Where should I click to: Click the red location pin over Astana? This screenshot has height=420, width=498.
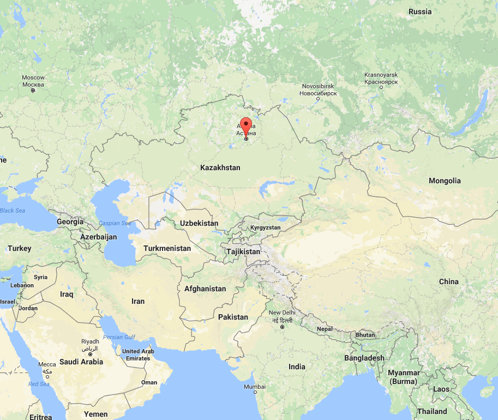pos(246,125)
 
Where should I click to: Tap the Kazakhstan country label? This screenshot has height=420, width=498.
pos(220,167)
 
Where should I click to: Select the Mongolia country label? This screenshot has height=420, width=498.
pos(445,181)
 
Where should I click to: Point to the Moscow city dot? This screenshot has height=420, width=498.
pos(33,91)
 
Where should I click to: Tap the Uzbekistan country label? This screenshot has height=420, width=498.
pos(199,223)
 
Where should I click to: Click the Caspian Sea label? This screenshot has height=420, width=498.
pos(115,223)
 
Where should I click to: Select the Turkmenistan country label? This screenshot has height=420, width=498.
pos(167,248)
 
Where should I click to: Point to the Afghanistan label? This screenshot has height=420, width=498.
pos(205,289)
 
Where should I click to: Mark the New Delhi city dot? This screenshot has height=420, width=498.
pos(282,327)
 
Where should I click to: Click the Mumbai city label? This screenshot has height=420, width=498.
pos(255,386)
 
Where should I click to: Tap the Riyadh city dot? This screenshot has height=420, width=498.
pos(90,354)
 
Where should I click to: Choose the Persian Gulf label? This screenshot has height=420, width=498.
pos(118,337)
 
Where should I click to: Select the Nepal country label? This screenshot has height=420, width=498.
pos(325,329)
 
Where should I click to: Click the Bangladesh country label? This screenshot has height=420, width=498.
pos(364,358)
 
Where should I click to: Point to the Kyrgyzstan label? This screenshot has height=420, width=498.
pos(265,227)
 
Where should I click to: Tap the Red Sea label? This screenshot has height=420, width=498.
pos(39,384)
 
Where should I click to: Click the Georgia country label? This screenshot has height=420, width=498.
pos(70,221)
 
